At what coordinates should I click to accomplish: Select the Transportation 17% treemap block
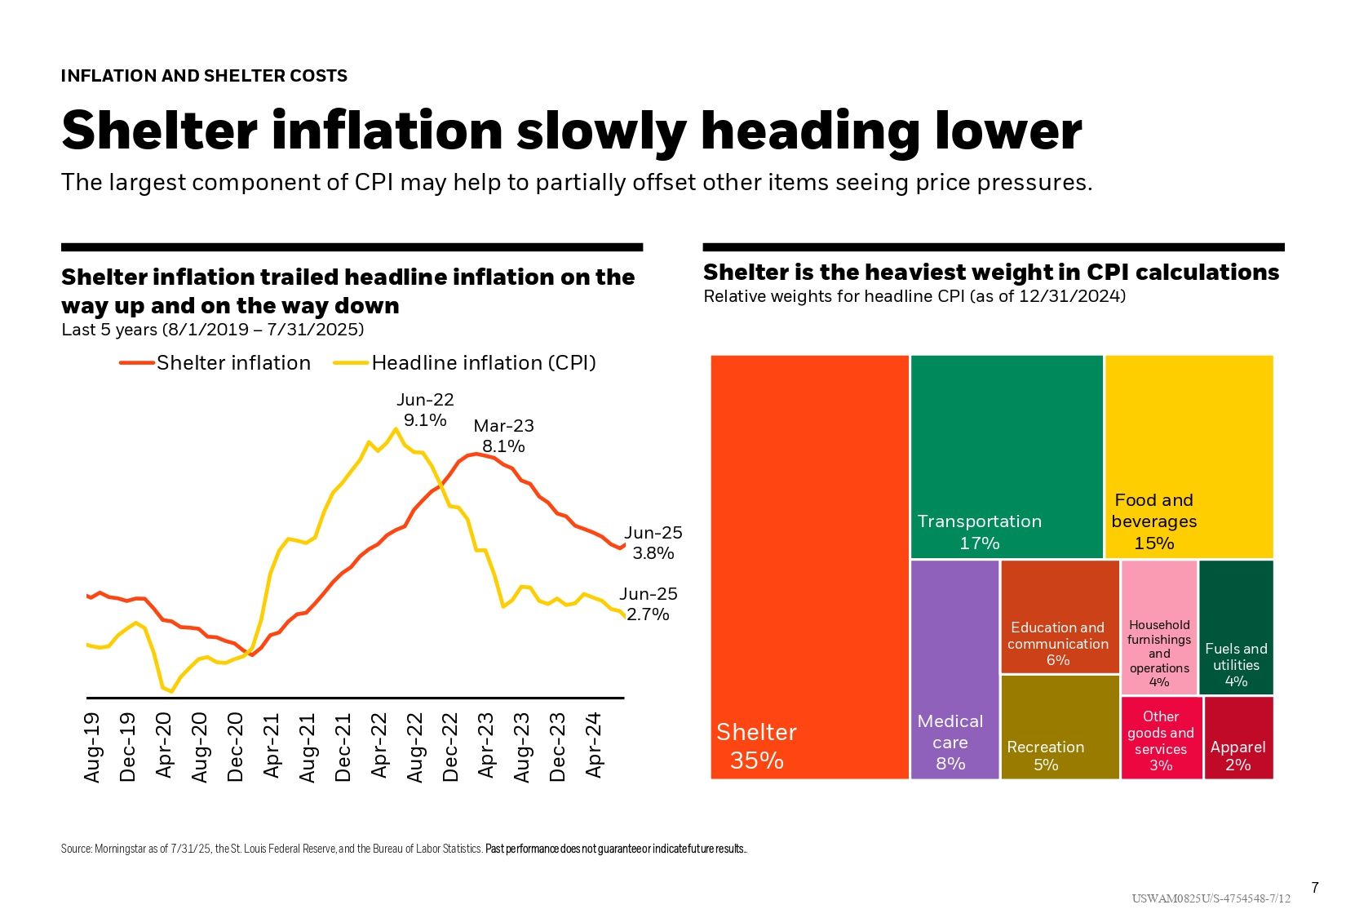click(1007, 457)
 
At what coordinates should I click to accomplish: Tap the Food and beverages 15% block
click(1189, 457)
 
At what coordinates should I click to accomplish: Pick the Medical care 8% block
click(954, 669)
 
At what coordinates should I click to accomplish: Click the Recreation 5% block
click(1059, 727)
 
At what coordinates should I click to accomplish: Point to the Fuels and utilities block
click(1236, 628)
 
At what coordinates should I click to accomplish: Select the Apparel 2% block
click(1238, 738)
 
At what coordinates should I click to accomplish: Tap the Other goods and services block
click(1161, 738)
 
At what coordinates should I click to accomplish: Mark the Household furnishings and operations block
click(1159, 628)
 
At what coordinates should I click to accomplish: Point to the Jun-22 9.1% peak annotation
click(425, 410)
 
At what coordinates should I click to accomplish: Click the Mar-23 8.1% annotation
click(503, 436)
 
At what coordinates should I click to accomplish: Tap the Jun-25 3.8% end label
click(653, 543)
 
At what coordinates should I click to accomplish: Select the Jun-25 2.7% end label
click(649, 604)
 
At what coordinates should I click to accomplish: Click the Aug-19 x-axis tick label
click(92, 747)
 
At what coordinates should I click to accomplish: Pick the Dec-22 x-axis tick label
click(450, 747)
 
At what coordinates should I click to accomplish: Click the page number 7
click(1314, 888)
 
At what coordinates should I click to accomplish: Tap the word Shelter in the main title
click(159, 131)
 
